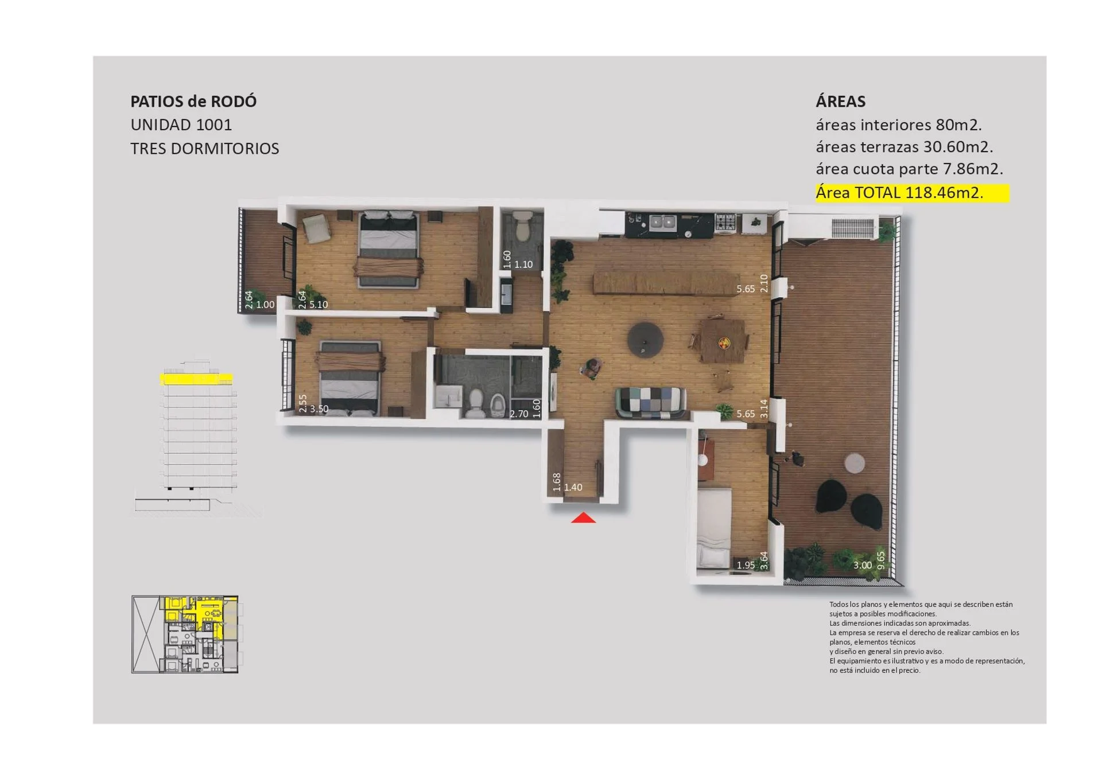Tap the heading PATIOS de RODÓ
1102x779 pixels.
[193, 102]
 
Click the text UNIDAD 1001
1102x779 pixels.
[181, 125]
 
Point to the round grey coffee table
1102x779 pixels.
[645, 340]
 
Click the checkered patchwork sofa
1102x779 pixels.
[650, 402]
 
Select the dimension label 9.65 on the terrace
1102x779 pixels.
[881, 560]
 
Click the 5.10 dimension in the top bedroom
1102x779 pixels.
[319, 305]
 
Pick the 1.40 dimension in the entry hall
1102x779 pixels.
[573, 488]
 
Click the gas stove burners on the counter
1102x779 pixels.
[725, 223]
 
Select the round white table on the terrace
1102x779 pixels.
[855, 463]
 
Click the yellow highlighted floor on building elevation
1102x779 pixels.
[196, 379]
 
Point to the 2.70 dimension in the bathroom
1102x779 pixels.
[519, 414]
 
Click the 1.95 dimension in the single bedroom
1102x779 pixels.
[746, 565]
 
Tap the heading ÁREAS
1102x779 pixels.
[840, 102]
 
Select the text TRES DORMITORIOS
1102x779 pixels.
[205, 149]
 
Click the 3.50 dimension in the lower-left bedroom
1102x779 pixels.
[319, 409]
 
